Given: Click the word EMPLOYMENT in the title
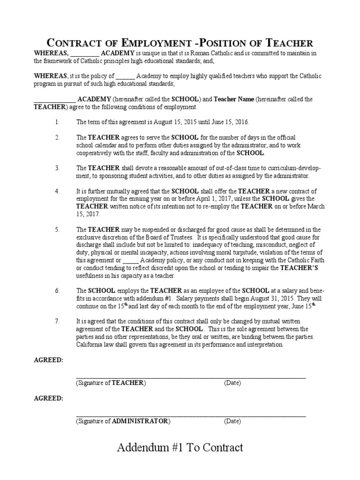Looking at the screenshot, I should [x=153, y=43].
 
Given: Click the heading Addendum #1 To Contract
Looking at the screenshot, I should [x=180, y=447].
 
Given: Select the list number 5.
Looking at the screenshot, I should [x=57, y=230].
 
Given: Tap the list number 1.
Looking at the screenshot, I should [x=57, y=122].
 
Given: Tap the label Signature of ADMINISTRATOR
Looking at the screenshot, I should [x=123, y=421].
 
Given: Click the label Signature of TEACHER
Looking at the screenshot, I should [x=111, y=383].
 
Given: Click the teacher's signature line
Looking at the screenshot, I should [x=191, y=377].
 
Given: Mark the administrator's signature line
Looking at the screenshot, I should [x=191, y=415].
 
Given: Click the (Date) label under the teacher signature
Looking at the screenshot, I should [x=232, y=383].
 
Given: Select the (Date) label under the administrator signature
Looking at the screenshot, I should [x=232, y=421].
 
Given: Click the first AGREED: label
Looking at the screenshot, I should [x=48, y=360].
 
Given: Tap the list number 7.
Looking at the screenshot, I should [x=57, y=322].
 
